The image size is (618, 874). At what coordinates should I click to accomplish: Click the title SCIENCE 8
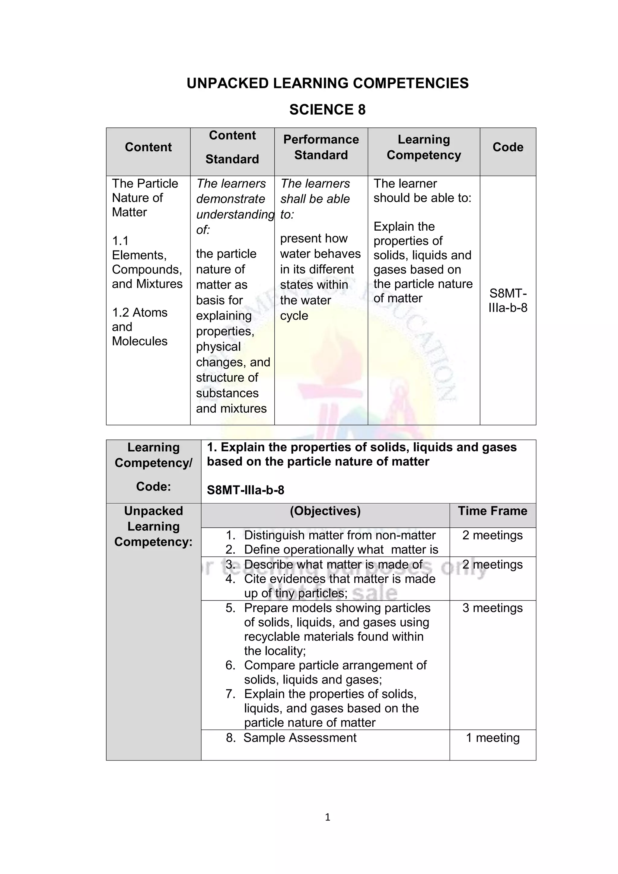click(x=327, y=110)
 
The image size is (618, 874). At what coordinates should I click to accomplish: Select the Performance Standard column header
click(x=321, y=147)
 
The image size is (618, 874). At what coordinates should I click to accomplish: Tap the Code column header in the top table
click(x=508, y=147)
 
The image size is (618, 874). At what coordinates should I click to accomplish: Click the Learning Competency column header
click(x=424, y=147)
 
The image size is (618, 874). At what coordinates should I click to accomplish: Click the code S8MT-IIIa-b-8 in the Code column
click(x=508, y=300)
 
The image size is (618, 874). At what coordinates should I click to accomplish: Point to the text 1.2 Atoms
click(x=140, y=312)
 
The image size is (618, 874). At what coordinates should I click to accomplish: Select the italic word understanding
click(x=235, y=214)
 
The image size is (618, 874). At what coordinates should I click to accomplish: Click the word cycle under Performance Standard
click(x=294, y=315)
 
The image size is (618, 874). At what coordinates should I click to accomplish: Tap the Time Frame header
click(x=492, y=511)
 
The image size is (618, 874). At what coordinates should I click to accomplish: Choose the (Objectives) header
click(x=325, y=511)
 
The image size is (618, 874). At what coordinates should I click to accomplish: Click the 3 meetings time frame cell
click(x=492, y=608)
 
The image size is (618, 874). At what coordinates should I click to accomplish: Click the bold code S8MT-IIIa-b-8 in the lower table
click(x=245, y=490)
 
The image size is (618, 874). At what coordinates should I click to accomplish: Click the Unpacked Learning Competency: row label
click(x=153, y=527)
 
